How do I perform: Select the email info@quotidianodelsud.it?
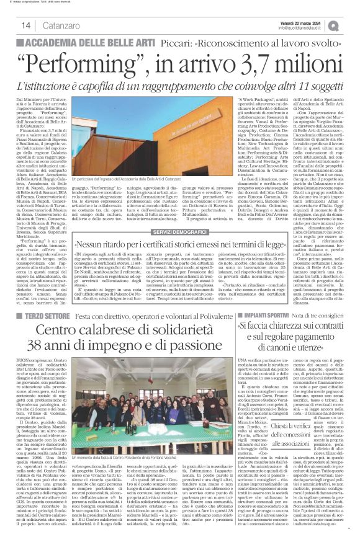point(302,28)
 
